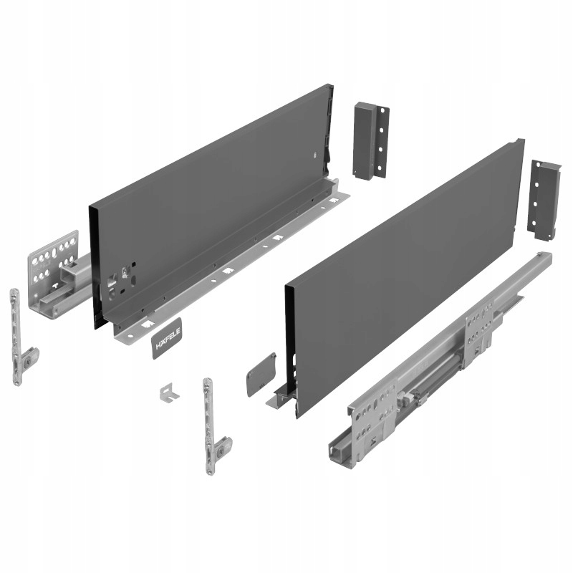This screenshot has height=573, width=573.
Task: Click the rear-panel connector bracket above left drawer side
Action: (x=370, y=140)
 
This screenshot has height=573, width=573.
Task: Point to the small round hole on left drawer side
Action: (x=316, y=155)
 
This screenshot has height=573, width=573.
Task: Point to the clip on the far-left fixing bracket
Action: (x=29, y=358)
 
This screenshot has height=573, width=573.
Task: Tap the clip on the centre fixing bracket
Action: (x=222, y=448)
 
